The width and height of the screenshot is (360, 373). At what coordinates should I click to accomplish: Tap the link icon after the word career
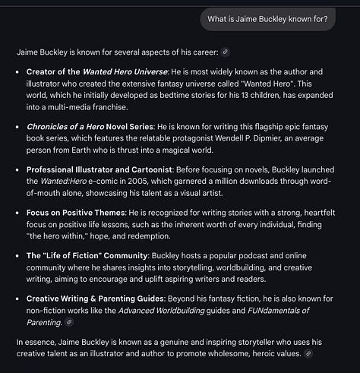click(225, 52)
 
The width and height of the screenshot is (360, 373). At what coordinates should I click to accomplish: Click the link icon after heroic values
click(308, 355)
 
